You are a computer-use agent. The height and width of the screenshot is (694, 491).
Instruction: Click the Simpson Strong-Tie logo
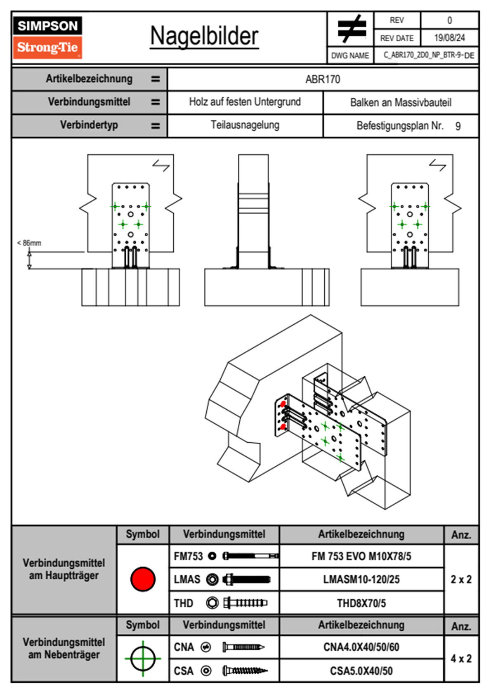(47, 37)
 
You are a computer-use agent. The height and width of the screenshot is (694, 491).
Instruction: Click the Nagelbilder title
(204, 36)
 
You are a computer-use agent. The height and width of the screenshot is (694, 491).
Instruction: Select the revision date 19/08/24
(449, 38)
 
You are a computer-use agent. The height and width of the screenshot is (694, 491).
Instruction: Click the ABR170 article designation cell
(323, 79)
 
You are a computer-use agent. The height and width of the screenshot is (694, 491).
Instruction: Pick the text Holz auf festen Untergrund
(245, 102)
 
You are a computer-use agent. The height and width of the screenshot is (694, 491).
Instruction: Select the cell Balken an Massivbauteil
(401, 102)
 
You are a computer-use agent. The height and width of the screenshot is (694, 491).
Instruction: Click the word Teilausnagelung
(245, 125)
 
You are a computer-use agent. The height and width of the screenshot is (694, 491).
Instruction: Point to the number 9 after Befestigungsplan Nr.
(458, 126)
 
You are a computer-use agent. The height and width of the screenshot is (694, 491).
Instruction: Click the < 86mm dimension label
(29, 243)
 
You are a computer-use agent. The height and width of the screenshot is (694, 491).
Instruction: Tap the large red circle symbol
(143, 579)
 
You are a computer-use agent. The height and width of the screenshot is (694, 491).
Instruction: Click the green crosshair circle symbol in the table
(143, 659)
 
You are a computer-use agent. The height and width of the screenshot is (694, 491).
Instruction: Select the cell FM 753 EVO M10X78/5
(361, 557)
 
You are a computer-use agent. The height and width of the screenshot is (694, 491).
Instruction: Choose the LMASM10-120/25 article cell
(361, 580)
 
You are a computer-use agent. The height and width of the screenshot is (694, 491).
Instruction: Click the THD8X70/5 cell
(361, 603)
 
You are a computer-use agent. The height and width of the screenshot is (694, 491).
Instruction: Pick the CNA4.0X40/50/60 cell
(361, 647)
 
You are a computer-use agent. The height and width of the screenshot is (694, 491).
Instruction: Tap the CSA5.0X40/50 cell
(361, 671)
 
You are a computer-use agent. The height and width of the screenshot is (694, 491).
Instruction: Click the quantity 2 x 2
(461, 580)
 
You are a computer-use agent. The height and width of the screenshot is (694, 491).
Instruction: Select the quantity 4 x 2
(461, 659)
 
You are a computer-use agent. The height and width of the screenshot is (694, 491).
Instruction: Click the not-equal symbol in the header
(351, 29)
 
